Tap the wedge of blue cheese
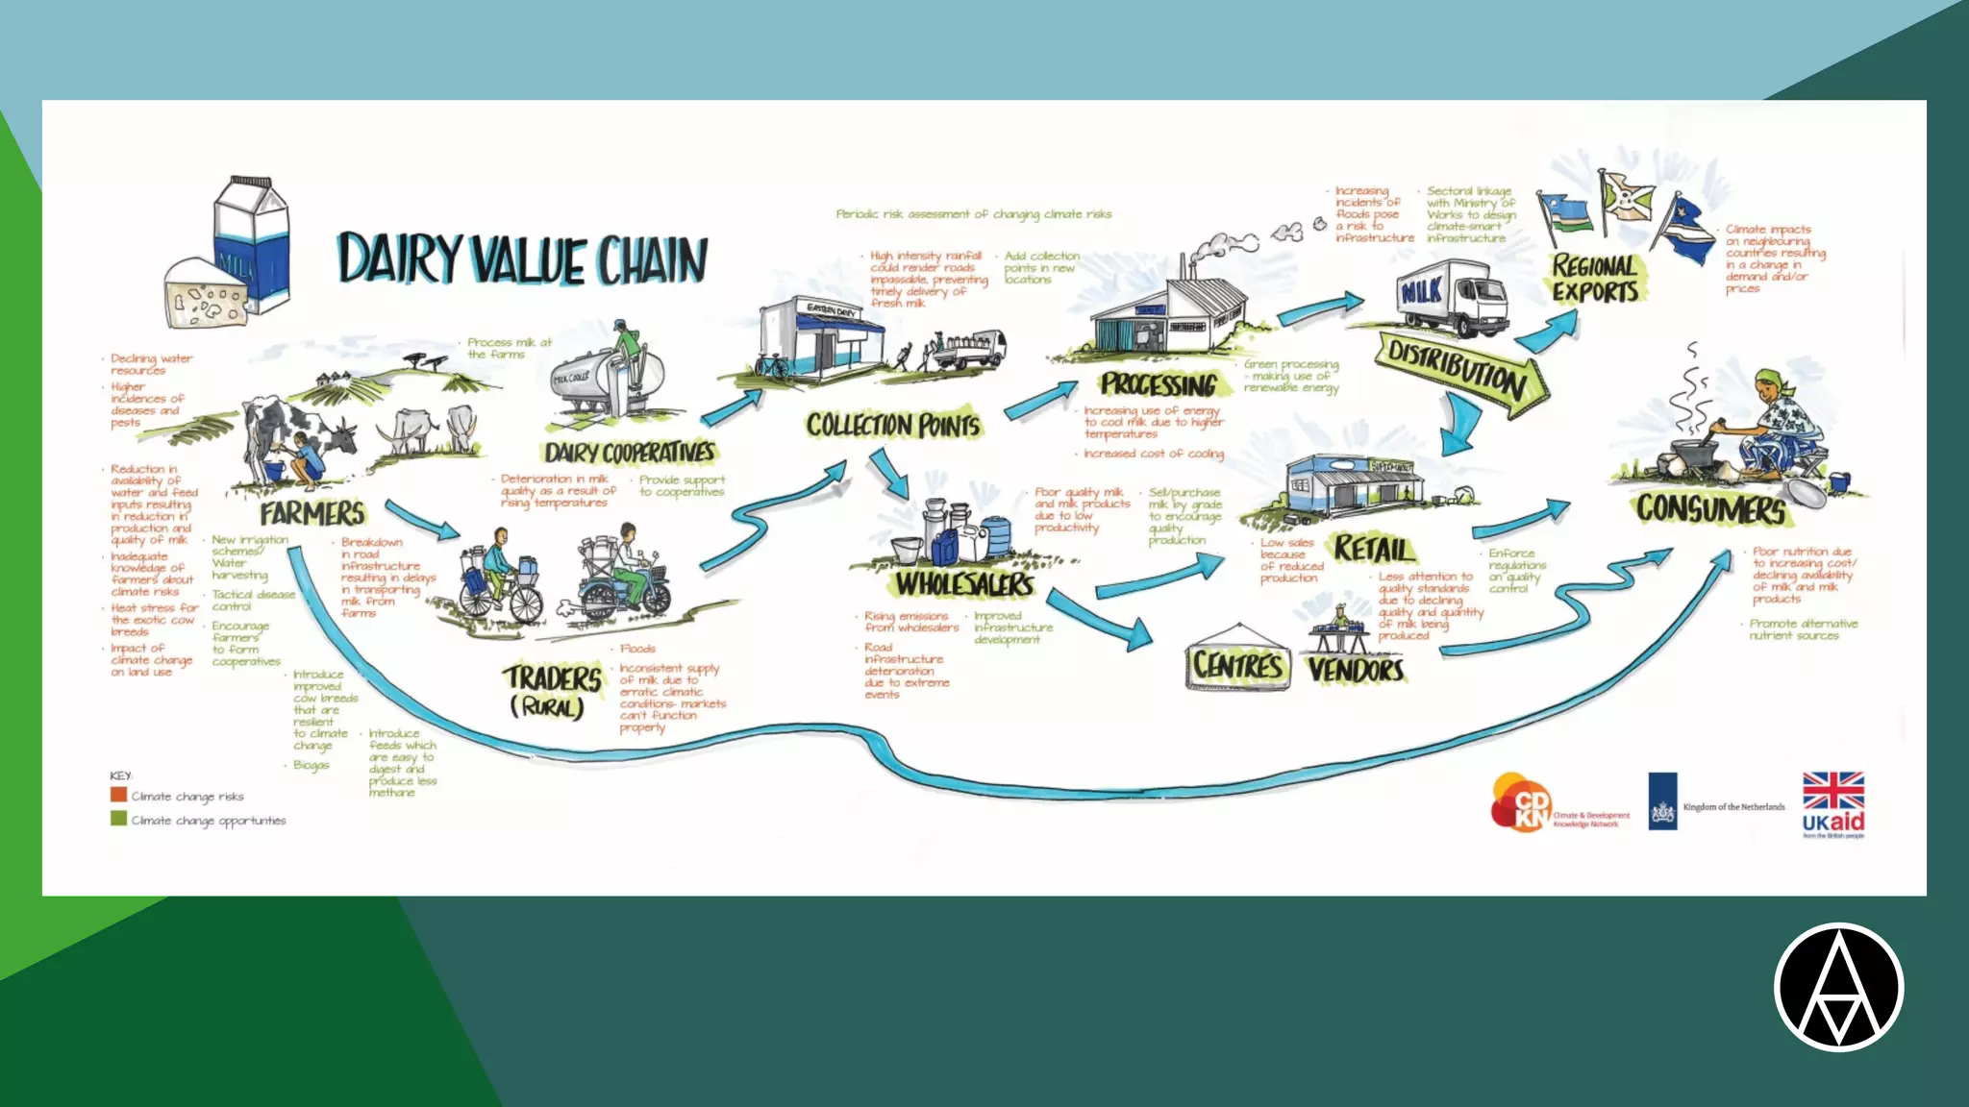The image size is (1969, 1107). pyautogui.click(x=204, y=293)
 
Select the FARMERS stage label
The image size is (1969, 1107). pyautogui.click(x=312, y=513)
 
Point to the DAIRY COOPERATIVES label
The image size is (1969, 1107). pyautogui.click(x=630, y=452)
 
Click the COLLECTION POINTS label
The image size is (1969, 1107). pyautogui.click(x=893, y=425)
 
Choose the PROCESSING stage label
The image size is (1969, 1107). pyautogui.click(x=1159, y=384)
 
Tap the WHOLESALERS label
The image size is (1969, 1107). pyautogui.click(x=964, y=583)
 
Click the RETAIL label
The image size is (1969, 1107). pyautogui.click(x=1374, y=549)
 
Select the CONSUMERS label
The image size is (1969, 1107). pyautogui.click(x=1711, y=508)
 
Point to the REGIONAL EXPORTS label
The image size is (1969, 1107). pyautogui.click(x=1595, y=279)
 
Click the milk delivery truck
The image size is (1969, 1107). pyautogui.click(x=1452, y=297)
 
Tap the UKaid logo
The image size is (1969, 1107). pyautogui.click(x=1832, y=805)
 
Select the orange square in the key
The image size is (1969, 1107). pyautogui.click(x=119, y=795)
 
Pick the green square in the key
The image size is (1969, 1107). pyautogui.click(x=119, y=819)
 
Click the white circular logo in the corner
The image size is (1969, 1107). pyautogui.click(x=1838, y=987)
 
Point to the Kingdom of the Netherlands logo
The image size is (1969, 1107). pyautogui.click(x=1717, y=802)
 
